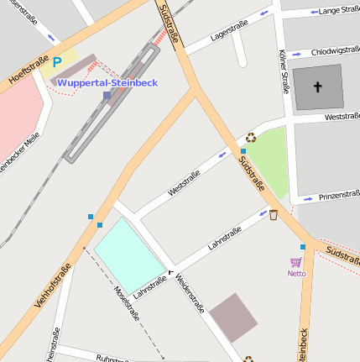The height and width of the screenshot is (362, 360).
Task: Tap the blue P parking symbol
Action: pyautogui.click(x=57, y=61)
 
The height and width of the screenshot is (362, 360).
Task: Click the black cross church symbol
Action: pyautogui.click(x=318, y=87)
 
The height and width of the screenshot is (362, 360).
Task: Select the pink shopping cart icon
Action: pyautogui.click(x=295, y=262)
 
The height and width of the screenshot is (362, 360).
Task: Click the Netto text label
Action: pyautogui.click(x=296, y=273)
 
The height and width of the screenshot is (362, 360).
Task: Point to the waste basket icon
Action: pyautogui.click(x=273, y=215)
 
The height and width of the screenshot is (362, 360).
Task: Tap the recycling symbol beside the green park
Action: pyautogui.click(x=250, y=138)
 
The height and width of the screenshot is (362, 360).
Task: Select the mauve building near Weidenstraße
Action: pyautogui.click(x=234, y=318)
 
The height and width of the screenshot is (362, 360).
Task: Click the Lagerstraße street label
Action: pyautogui.click(x=232, y=33)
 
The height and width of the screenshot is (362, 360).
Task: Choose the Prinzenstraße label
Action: pyautogui.click(x=338, y=196)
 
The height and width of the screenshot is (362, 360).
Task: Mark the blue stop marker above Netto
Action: pyautogui.click(x=303, y=247)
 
